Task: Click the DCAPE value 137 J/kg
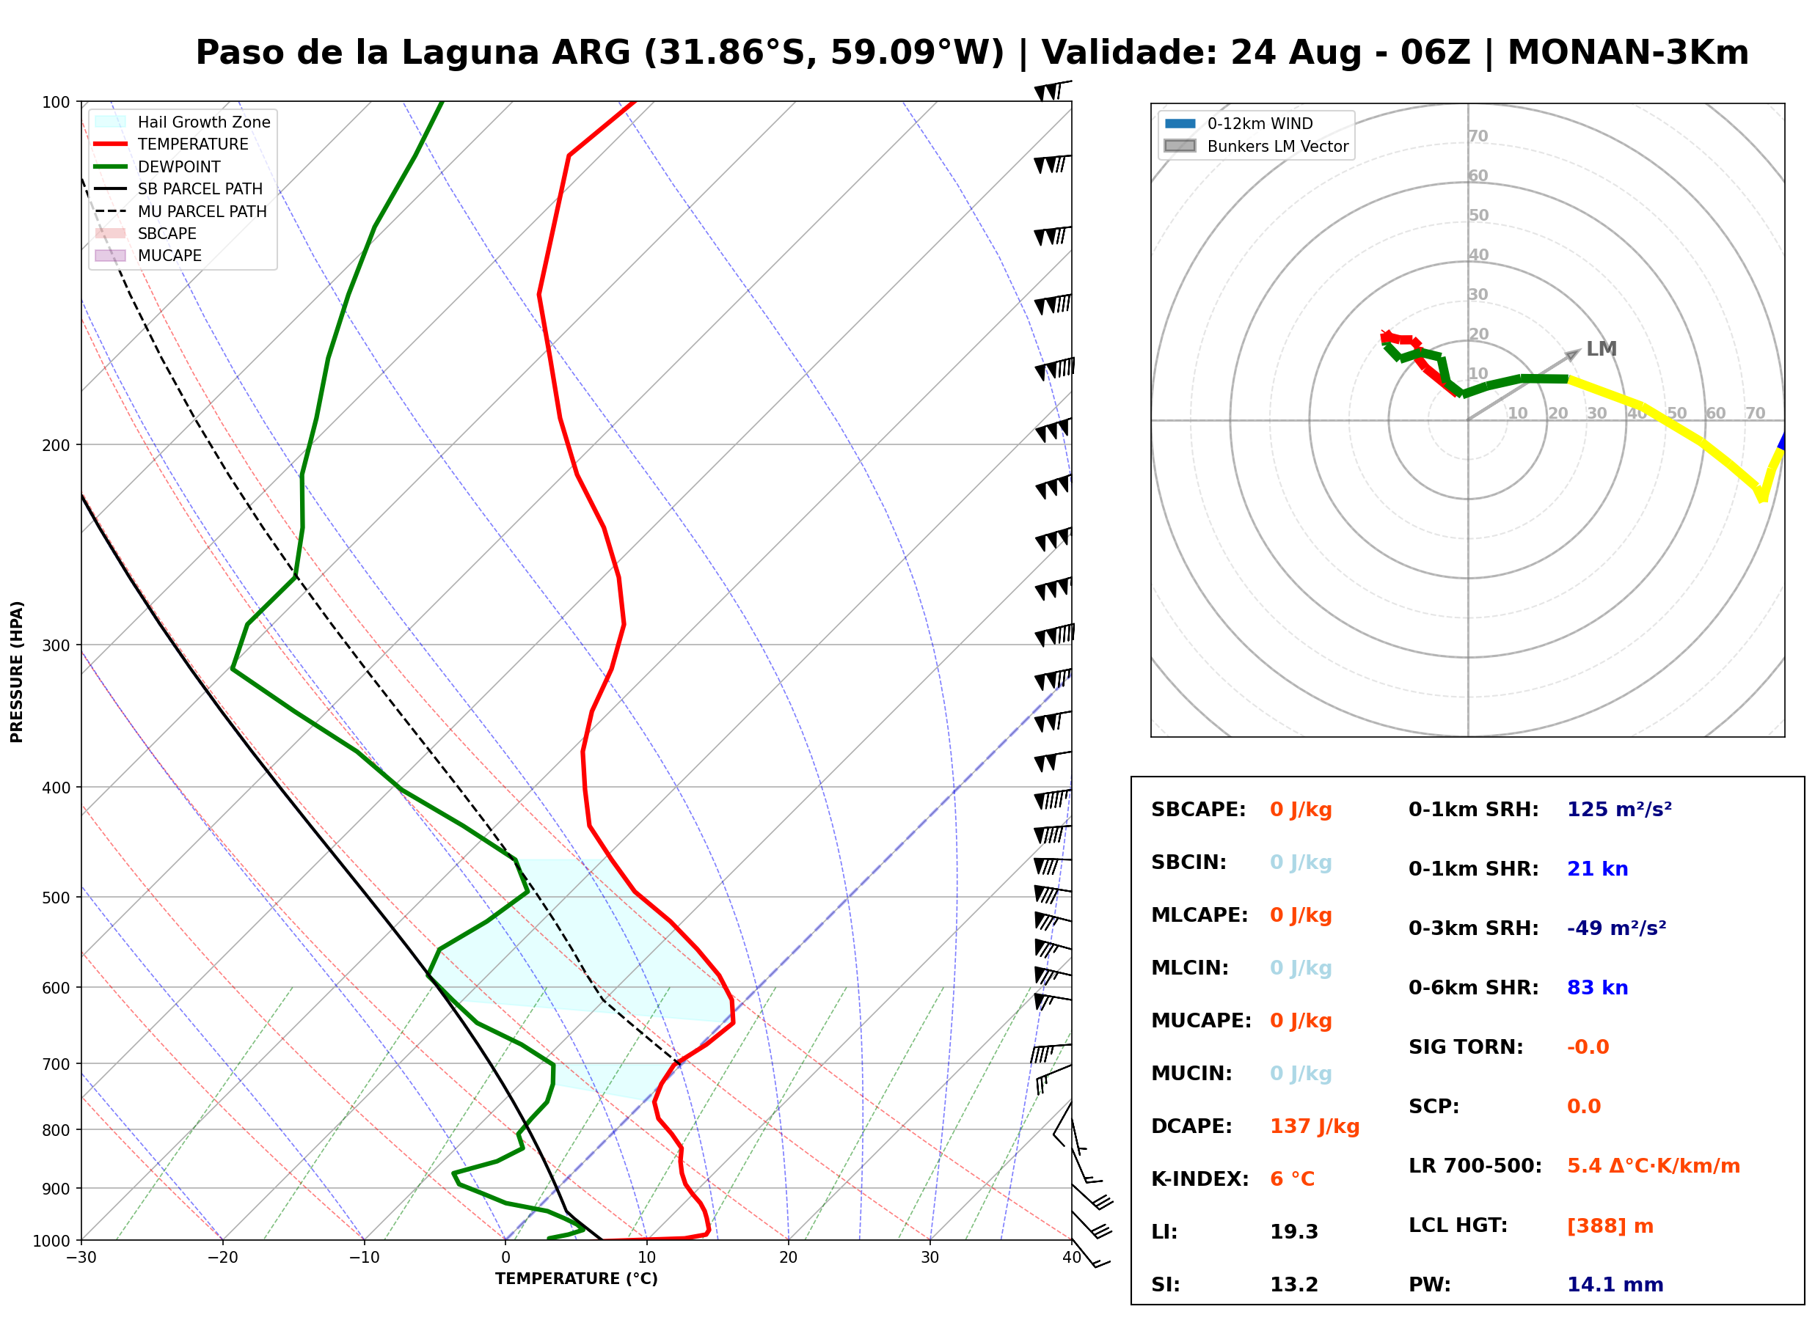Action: pos(1315,1126)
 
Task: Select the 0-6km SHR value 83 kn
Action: pos(1597,988)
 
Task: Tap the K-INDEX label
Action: pos(1200,1179)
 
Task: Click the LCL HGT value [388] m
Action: pos(1610,1226)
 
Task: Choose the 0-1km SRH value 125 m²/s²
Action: pos(1619,810)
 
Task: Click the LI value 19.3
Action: pos(1293,1232)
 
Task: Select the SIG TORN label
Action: pos(1466,1047)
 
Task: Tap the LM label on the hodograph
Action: pos(1602,348)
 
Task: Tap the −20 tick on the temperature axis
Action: pos(222,1258)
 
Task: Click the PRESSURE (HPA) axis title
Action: pos(17,672)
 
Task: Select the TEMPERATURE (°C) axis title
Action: pos(577,1279)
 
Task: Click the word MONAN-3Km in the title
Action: pos(1628,53)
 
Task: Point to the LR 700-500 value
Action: pos(1654,1167)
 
